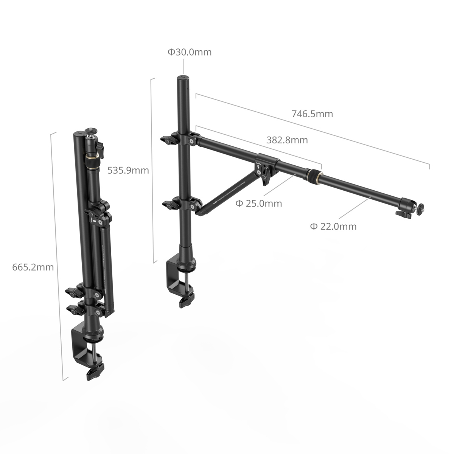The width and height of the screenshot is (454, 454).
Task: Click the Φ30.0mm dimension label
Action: click(x=190, y=52)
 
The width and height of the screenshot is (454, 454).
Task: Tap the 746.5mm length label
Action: click(x=312, y=113)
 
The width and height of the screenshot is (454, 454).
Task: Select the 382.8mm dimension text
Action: click(x=287, y=140)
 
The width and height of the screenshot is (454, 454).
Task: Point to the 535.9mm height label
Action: click(x=128, y=170)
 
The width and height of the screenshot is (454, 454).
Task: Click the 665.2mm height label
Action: click(x=33, y=267)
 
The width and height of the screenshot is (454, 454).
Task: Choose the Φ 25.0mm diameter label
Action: click(x=258, y=204)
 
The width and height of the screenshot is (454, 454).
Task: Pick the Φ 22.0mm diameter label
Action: click(x=333, y=226)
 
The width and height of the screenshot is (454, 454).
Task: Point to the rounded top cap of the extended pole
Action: click(x=183, y=78)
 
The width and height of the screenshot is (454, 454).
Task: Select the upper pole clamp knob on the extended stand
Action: click(x=168, y=140)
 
